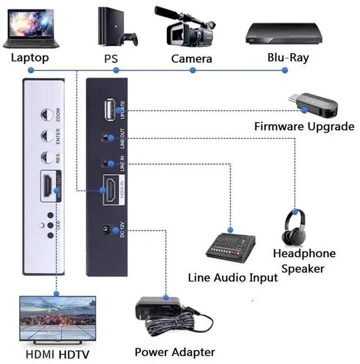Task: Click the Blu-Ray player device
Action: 285,34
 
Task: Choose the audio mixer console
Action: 230,245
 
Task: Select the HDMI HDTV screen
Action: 57,319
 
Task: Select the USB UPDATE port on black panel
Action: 110,110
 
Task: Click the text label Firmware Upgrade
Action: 304,126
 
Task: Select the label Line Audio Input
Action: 233,278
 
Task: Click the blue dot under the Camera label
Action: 192,70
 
